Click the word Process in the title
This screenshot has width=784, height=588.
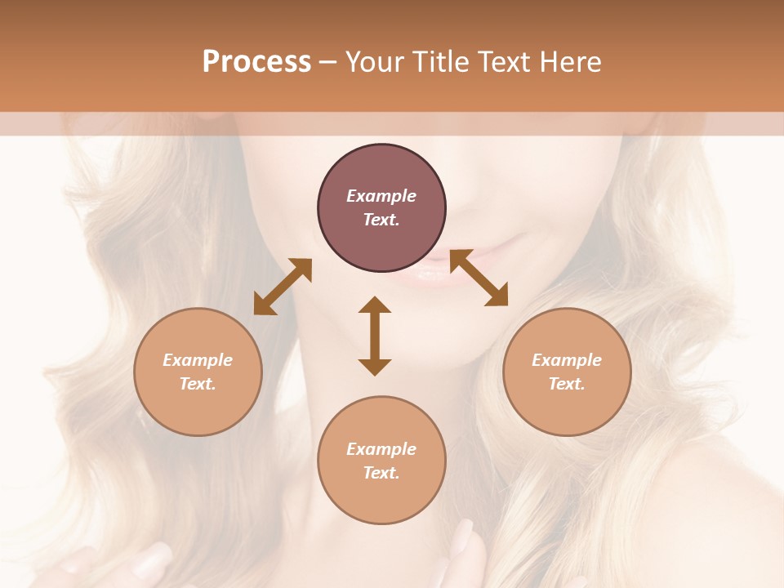pyautogui.click(x=256, y=62)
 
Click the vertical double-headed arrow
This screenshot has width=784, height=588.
pyautogui.click(x=375, y=336)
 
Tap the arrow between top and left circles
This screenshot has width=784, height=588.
pyautogui.click(x=283, y=287)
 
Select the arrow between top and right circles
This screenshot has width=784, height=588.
pyautogui.click(x=479, y=278)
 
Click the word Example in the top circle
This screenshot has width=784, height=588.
pyautogui.click(x=381, y=196)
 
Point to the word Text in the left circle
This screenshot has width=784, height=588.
pyautogui.click(x=198, y=384)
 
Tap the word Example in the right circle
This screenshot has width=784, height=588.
pyautogui.click(x=567, y=360)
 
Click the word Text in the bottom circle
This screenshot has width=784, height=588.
pyautogui.click(x=381, y=473)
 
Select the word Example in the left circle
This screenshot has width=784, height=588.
pyautogui.click(x=198, y=360)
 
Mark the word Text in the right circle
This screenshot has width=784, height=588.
pyautogui.click(x=567, y=384)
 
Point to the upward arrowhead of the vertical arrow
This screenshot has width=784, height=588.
pyautogui.click(x=375, y=305)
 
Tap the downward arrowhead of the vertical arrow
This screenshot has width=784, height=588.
pyautogui.click(x=375, y=367)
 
